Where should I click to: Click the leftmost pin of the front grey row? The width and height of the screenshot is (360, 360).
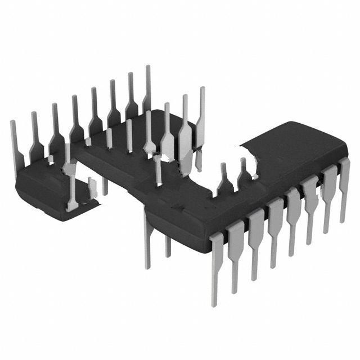pyautogui.click(x=217, y=264)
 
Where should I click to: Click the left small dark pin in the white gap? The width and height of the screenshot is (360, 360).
pyautogui.click(x=224, y=180)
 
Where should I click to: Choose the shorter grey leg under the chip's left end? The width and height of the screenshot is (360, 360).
pyautogui.click(x=168, y=245)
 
